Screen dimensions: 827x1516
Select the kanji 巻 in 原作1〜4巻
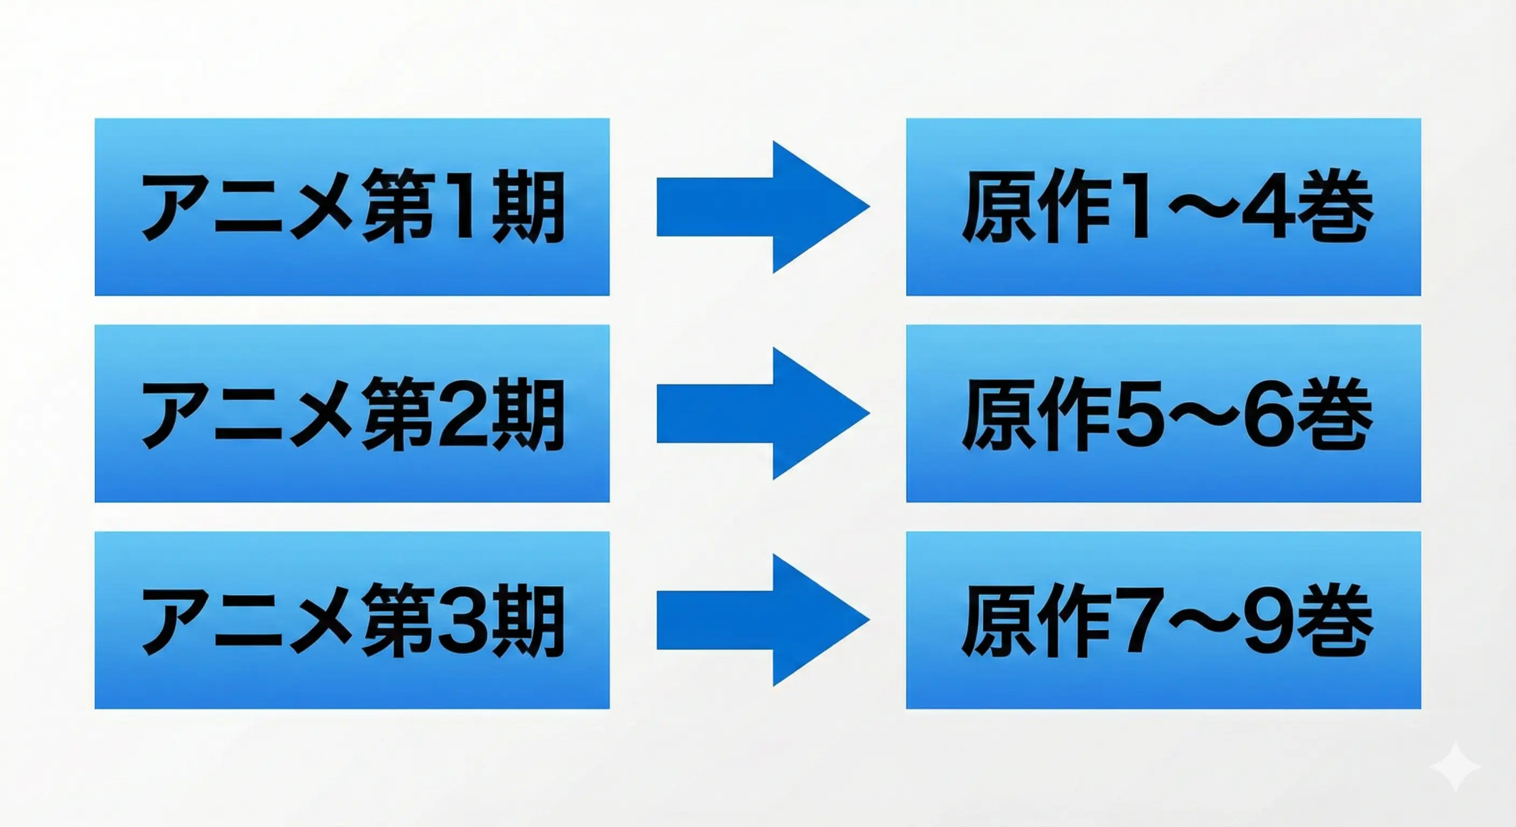[1335, 207]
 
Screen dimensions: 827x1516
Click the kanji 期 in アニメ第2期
[528, 414]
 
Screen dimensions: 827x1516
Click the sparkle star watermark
[1455, 767]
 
